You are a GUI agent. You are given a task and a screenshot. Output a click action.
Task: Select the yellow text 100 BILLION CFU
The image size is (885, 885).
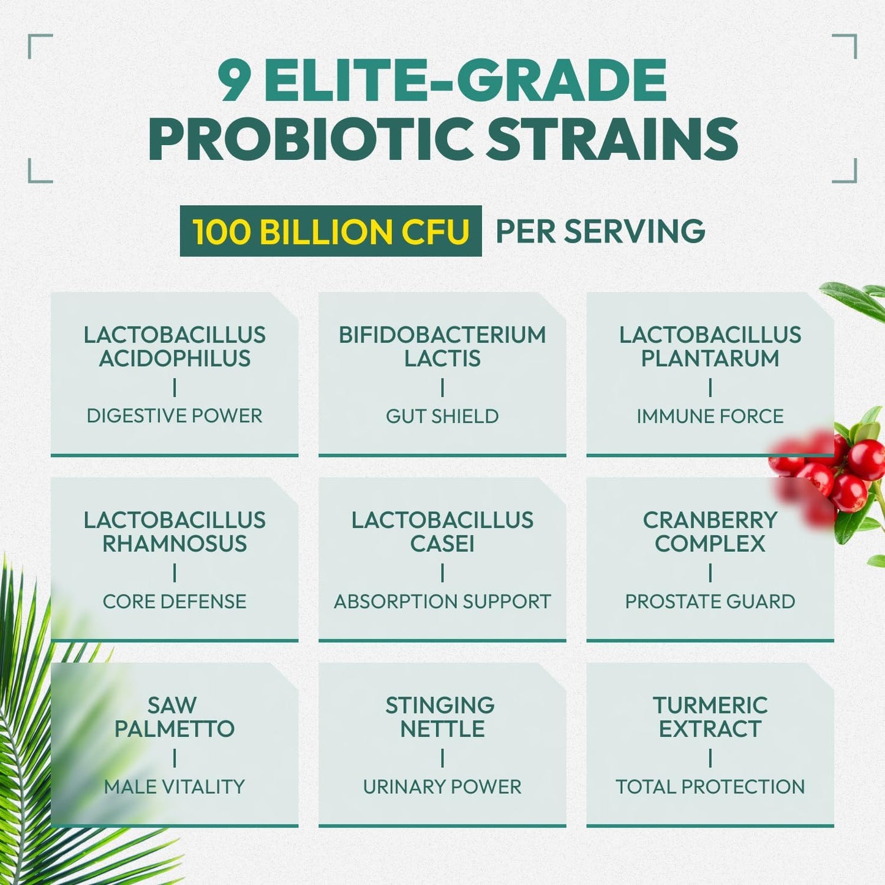click(x=331, y=232)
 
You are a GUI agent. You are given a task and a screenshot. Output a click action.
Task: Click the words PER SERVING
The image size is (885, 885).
click(x=600, y=232)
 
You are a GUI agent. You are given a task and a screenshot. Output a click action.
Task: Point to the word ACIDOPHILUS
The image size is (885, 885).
click(x=175, y=359)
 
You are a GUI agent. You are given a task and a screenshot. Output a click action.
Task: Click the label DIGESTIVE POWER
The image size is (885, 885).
click(x=175, y=416)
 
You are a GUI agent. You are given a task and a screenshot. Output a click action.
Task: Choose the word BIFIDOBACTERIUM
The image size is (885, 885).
click(x=442, y=335)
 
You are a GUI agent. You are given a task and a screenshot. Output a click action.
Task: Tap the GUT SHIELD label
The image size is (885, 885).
click(x=442, y=416)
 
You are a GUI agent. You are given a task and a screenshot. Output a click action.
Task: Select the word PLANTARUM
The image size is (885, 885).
click(x=710, y=359)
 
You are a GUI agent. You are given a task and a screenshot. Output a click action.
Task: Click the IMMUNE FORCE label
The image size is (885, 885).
click(x=710, y=416)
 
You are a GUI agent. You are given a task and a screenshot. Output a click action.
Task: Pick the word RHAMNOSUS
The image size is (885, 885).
click(x=175, y=544)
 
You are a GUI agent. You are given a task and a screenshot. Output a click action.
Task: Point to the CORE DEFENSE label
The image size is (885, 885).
click(x=175, y=601)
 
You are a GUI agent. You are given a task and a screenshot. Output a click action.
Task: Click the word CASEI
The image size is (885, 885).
click(x=442, y=544)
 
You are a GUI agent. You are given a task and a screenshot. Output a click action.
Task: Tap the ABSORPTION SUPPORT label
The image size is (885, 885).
click(x=442, y=601)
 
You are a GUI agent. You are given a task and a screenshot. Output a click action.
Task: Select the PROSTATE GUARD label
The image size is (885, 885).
click(x=710, y=601)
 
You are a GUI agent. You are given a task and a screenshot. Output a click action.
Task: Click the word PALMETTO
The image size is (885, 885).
click(x=175, y=729)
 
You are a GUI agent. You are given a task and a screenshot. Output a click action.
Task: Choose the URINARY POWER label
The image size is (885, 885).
click(x=442, y=787)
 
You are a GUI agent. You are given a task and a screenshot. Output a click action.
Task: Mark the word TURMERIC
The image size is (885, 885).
click(x=710, y=706)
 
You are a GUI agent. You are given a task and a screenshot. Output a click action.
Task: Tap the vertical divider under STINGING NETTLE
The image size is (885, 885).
click(x=442, y=759)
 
